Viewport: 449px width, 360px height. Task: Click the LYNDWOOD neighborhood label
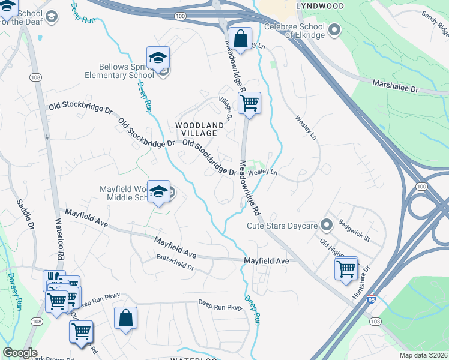320,6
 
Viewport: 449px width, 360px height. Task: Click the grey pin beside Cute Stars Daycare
327,226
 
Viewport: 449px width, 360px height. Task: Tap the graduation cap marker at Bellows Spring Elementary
158,58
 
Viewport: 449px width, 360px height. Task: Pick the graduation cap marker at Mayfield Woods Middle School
158,191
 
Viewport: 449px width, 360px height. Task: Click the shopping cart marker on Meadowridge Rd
249,103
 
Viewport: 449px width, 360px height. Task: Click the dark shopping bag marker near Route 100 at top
240,39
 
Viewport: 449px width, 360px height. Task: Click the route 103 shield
376,338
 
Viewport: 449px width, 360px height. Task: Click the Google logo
20,353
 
